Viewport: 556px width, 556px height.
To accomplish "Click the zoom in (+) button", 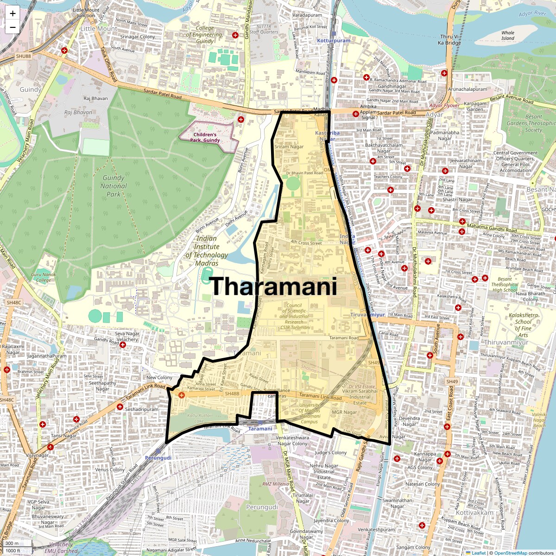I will (x=13, y=13).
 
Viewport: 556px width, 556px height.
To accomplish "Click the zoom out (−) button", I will (x=13, y=27).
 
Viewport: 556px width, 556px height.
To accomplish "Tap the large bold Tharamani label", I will (x=273, y=286).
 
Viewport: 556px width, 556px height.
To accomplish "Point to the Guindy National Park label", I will (x=114, y=186).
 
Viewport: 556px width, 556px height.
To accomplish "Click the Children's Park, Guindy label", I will (x=205, y=137).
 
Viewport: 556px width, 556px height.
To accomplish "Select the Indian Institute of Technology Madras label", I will (x=207, y=251).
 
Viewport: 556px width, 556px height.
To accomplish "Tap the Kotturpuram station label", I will (x=334, y=41).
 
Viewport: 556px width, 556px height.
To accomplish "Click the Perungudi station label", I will (x=158, y=457).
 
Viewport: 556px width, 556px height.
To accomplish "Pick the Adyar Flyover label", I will (x=444, y=106).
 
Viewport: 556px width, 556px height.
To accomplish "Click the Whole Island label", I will (x=508, y=36).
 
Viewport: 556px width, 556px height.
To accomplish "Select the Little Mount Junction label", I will (x=86, y=13).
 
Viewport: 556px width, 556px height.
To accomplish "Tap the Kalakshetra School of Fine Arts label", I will (x=523, y=325).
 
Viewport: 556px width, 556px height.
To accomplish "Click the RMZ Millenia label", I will (x=276, y=484).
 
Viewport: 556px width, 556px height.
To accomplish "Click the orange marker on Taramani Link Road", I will (x=182, y=395).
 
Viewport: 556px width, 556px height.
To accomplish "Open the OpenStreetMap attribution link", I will (x=511, y=553).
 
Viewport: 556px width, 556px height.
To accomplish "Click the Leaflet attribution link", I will (x=478, y=553).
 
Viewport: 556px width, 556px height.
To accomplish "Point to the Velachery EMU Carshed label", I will (x=61, y=548).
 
